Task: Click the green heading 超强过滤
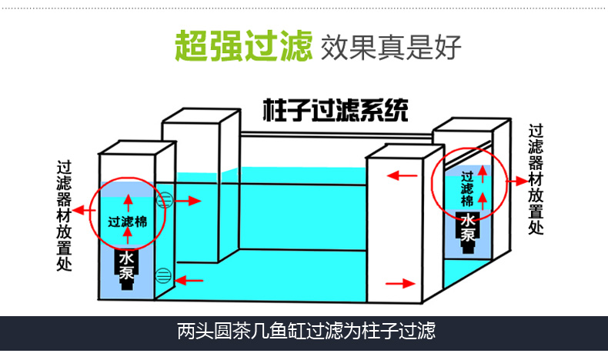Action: [242, 46]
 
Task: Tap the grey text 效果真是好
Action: [390, 47]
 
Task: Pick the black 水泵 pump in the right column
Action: [468, 232]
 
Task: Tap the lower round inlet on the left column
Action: [163, 275]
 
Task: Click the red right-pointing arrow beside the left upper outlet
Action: [189, 202]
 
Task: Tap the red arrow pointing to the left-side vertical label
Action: [79, 215]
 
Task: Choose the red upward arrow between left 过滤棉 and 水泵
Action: [128, 237]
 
